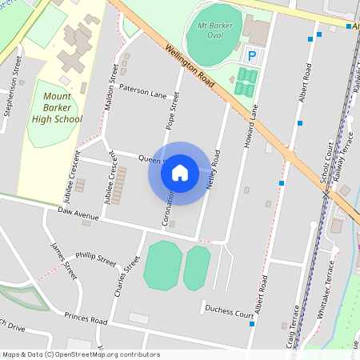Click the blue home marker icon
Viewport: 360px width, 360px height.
point(180,172)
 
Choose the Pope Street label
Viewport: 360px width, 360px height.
point(171,110)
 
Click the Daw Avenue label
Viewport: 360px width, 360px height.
point(78,215)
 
